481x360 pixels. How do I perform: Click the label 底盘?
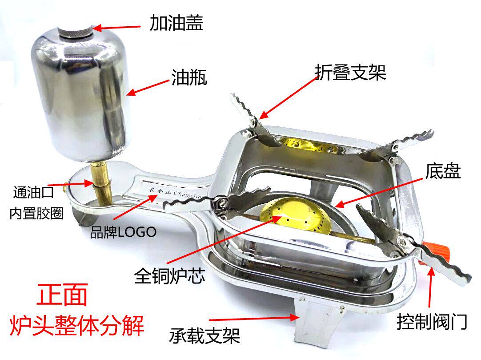pos(442,172)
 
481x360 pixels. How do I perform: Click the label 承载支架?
pos(204,335)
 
